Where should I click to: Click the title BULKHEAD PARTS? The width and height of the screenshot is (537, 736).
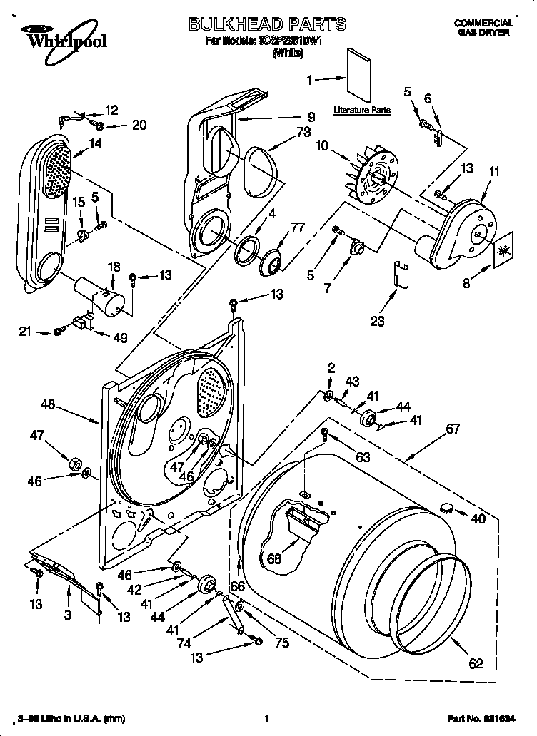point(266,24)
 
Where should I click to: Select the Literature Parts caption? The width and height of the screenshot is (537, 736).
point(362,111)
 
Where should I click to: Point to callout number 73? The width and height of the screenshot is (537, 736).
point(303,133)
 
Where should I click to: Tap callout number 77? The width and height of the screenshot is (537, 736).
point(296,228)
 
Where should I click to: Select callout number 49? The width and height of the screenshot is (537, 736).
point(119,338)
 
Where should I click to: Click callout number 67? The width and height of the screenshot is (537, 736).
point(452,429)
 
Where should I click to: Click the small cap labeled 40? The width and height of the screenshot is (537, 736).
point(448,508)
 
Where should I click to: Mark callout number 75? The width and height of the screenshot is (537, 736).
point(282,642)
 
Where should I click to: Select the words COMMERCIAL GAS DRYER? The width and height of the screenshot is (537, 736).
point(484,28)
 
